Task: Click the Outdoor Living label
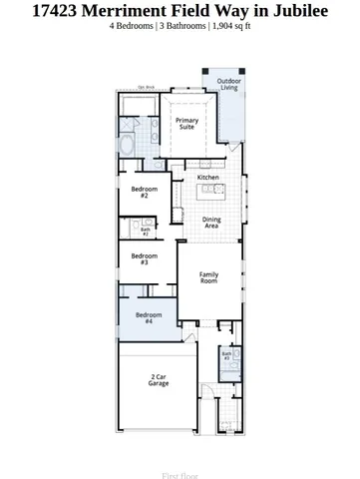pos(229,84)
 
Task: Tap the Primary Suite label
pos(186,124)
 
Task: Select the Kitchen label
pos(207,178)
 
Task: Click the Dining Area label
pos(211,223)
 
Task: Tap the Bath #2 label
pos(146,232)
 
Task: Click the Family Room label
pos(208,277)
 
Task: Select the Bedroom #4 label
pos(144,317)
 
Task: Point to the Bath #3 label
pos(226,355)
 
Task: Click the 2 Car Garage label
pos(158,380)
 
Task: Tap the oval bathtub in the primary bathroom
pos(128,146)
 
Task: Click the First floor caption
pos(180,476)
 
